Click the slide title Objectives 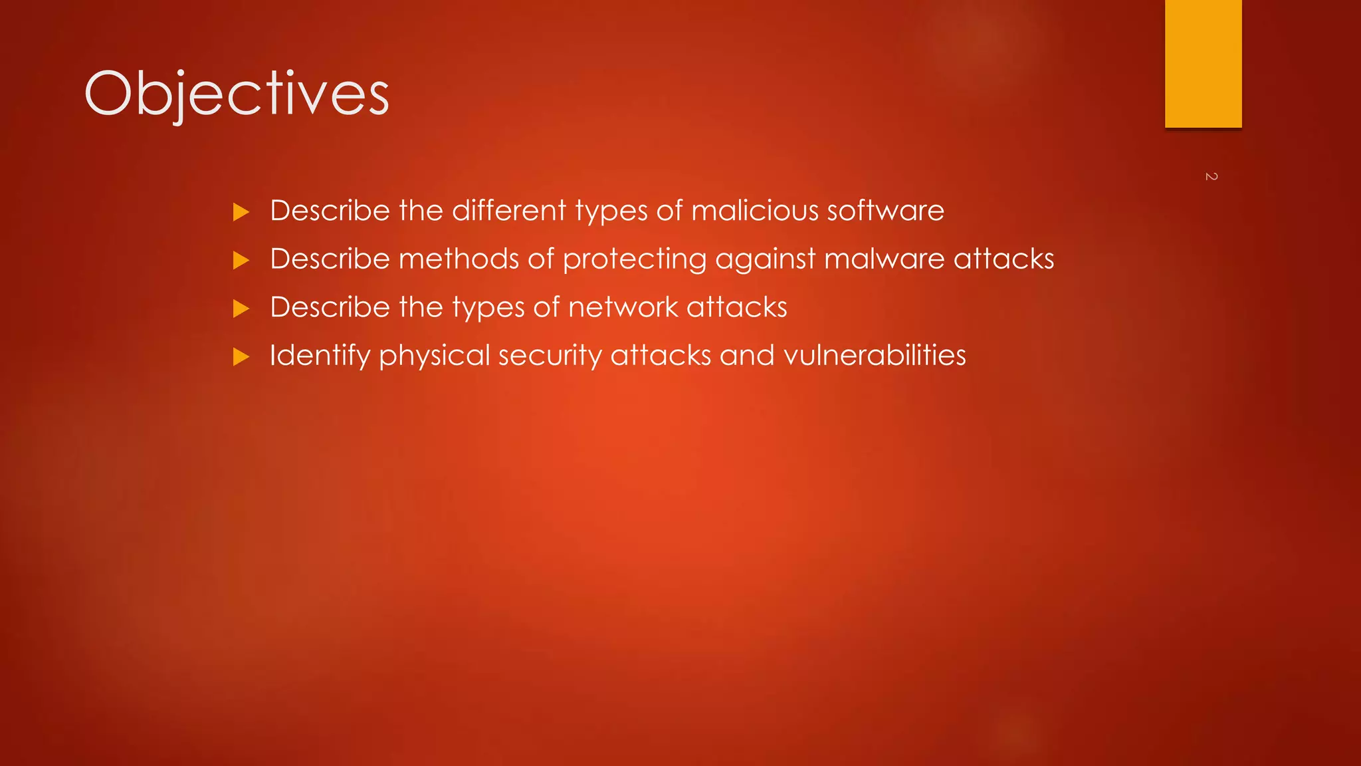click(237, 94)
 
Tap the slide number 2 click(1211, 176)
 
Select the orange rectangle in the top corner click(1203, 63)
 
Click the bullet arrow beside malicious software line click(241, 212)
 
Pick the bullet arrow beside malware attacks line click(241, 260)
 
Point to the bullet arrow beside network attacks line click(241, 309)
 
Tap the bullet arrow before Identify click(241, 357)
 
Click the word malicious click(755, 211)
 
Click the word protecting click(635, 259)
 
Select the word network click(623, 307)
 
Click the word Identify click(320, 356)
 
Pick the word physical click(435, 356)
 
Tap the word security click(550, 356)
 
